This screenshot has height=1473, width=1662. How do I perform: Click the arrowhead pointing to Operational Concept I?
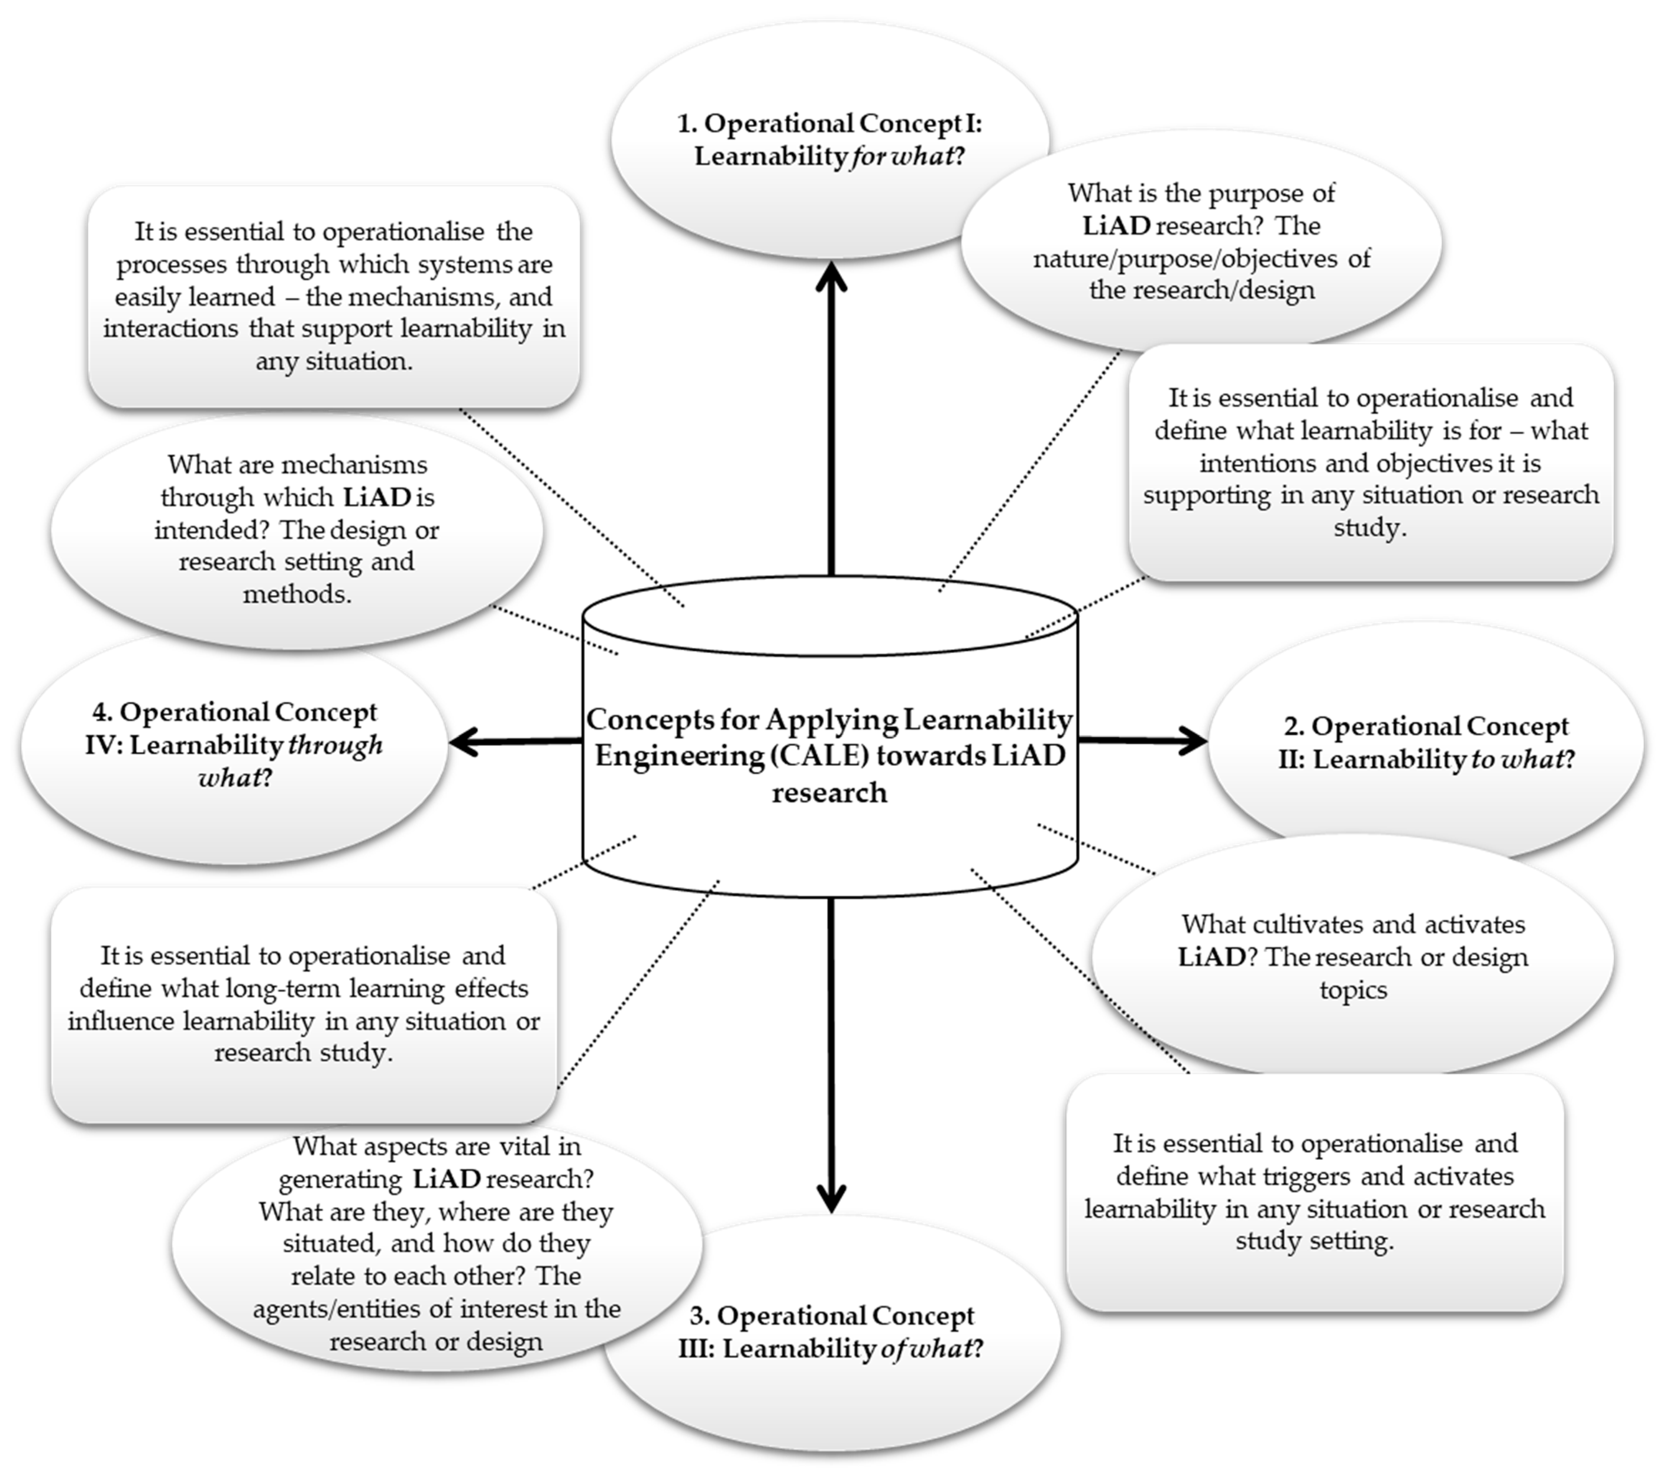point(831,276)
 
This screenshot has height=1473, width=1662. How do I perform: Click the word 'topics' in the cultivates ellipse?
point(1353,990)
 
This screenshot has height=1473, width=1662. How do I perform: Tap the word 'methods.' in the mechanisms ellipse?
point(297,595)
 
